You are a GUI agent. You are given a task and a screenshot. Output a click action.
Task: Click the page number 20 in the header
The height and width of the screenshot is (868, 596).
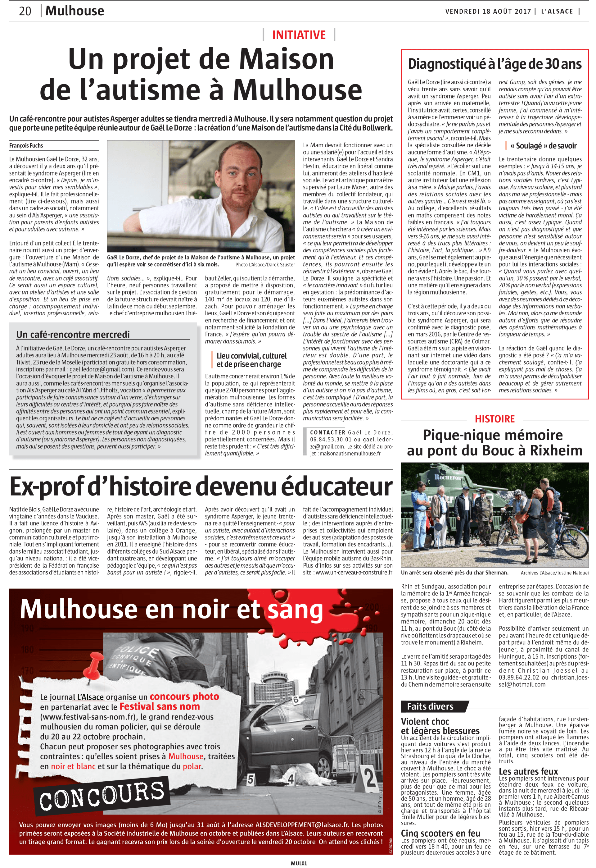click(x=25, y=11)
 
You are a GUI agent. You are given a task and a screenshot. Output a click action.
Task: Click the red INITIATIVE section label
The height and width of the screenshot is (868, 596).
click(x=299, y=35)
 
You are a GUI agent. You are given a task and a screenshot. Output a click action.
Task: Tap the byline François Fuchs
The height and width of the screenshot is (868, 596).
click(x=26, y=145)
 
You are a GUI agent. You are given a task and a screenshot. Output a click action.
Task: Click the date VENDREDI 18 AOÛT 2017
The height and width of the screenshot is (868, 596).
click(x=488, y=11)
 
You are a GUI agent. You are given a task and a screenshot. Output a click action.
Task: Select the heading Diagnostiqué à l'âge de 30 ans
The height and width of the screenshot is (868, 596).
click(x=494, y=64)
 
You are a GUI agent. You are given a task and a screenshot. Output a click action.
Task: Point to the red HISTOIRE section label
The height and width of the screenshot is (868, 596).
click(x=494, y=419)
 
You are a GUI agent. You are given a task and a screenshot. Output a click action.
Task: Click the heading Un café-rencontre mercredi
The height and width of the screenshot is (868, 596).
click(x=73, y=334)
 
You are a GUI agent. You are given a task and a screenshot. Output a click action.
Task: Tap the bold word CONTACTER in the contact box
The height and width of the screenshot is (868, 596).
click(x=327, y=432)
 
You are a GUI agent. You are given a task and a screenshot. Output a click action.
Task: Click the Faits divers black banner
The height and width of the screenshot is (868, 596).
click(x=430, y=706)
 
